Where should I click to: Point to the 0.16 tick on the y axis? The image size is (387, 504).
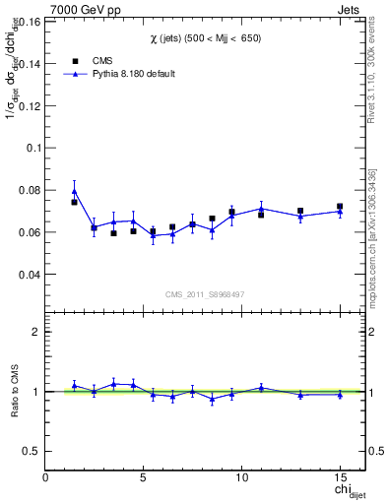click(30, 19)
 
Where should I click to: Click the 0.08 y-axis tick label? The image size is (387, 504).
click(30, 190)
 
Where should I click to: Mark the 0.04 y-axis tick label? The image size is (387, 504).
click(30, 275)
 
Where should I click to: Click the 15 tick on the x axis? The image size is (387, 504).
click(340, 476)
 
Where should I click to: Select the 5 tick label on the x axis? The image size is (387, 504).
click(144, 476)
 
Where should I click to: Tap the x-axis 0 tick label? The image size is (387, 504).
click(46, 476)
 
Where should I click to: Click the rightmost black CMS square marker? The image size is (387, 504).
click(340, 207)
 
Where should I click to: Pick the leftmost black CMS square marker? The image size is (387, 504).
click(74, 202)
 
